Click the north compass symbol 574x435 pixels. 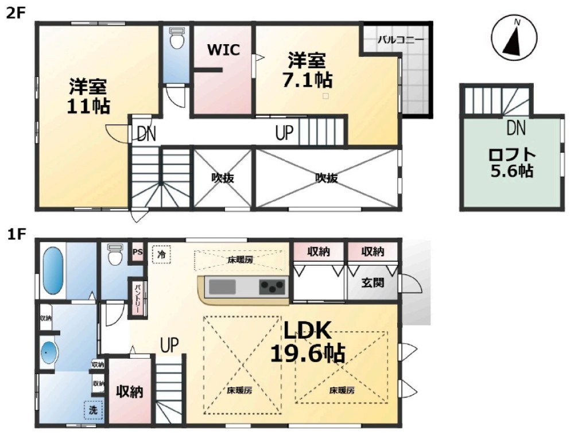pyautogui.click(x=514, y=38)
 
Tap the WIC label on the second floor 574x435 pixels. pyautogui.click(x=223, y=50)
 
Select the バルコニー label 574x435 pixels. pyautogui.click(x=401, y=40)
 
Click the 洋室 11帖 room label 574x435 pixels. pyautogui.click(x=88, y=96)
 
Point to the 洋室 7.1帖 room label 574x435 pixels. pyautogui.click(x=308, y=70)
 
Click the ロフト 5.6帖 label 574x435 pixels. pyautogui.click(x=512, y=163)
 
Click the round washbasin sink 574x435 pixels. pyautogui.click(x=49, y=353)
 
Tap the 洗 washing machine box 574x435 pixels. pyautogui.click(x=94, y=410)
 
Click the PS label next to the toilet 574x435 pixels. pyautogui.click(x=137, y=252)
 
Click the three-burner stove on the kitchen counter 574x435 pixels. pyautogui.click(x=272, y=286)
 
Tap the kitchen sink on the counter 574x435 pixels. pyautogui.click(x=222, y=286)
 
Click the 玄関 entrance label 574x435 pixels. pyautogui.click(x=373, y=283)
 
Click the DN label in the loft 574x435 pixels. pyautogui.click(x=516, y=128)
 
